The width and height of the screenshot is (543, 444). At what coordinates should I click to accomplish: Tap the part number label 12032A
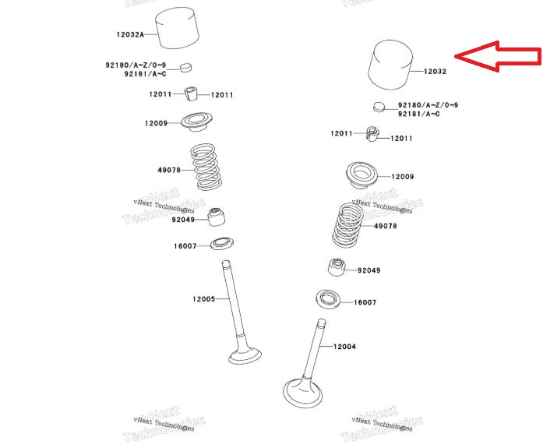[131, 34]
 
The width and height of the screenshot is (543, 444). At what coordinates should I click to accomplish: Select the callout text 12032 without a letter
[435, 72]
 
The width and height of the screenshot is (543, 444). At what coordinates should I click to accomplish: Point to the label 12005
[203, 299]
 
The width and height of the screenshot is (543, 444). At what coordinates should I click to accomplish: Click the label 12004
[344, 347]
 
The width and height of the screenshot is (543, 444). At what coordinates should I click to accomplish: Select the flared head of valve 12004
[302, 389]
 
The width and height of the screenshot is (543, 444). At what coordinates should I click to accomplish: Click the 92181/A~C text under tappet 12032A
[145, 74]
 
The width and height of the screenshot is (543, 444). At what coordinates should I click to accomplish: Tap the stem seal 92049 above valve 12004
[336, 267]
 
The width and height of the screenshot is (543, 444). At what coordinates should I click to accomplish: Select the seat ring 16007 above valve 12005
[222, 245]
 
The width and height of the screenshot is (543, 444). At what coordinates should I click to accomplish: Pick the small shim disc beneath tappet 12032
[379, 106]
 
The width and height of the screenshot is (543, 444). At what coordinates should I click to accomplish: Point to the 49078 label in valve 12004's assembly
[385, 226]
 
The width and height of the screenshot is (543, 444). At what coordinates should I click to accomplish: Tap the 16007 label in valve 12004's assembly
[365, 302]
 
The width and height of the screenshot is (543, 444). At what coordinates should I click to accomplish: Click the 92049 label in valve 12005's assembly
[183, 220]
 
